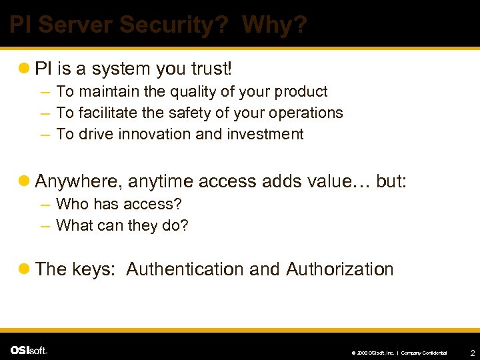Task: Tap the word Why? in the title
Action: point(275,25)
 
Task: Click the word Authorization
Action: point(340,269)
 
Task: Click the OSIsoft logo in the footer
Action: point(29,351)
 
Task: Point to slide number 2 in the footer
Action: point(472,352)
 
